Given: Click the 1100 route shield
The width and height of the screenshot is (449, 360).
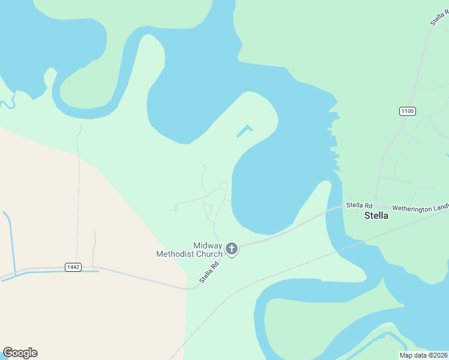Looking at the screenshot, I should (407, 111).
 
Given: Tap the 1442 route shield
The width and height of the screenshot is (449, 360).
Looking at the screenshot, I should (73, 266).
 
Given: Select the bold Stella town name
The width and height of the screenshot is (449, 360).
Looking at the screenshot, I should (376, 216).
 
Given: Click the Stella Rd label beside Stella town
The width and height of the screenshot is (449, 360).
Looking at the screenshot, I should (359, 205).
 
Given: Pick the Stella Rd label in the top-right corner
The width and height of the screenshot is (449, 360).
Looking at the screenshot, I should (439, 15).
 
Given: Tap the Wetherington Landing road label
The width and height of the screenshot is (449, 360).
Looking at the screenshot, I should (420, 208).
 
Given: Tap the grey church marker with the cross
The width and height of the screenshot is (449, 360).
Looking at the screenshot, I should (232, 248).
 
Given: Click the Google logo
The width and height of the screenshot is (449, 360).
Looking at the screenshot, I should (20, 353).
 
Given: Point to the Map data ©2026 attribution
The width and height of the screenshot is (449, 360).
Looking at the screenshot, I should (423, 355).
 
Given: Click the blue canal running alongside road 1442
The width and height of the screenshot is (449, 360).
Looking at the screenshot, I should (54, 272).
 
